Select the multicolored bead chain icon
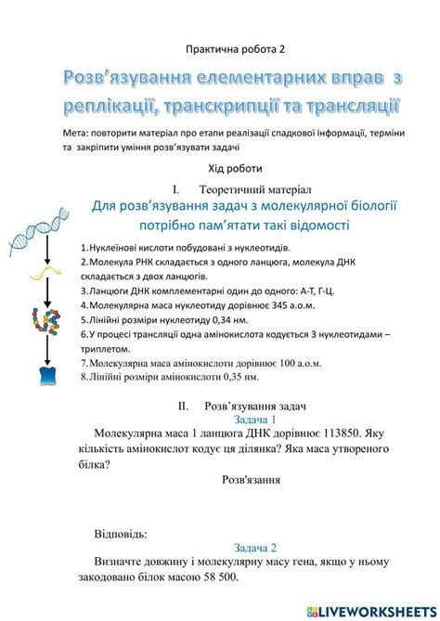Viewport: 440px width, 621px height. point(39,319)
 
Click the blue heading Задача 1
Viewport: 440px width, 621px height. point(254,420)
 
